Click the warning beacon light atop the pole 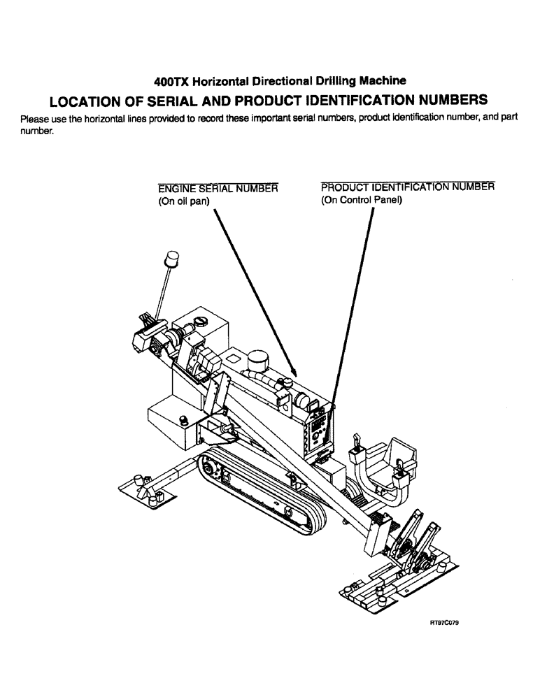[x=171, y=260]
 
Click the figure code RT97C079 [x=443, y=621]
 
